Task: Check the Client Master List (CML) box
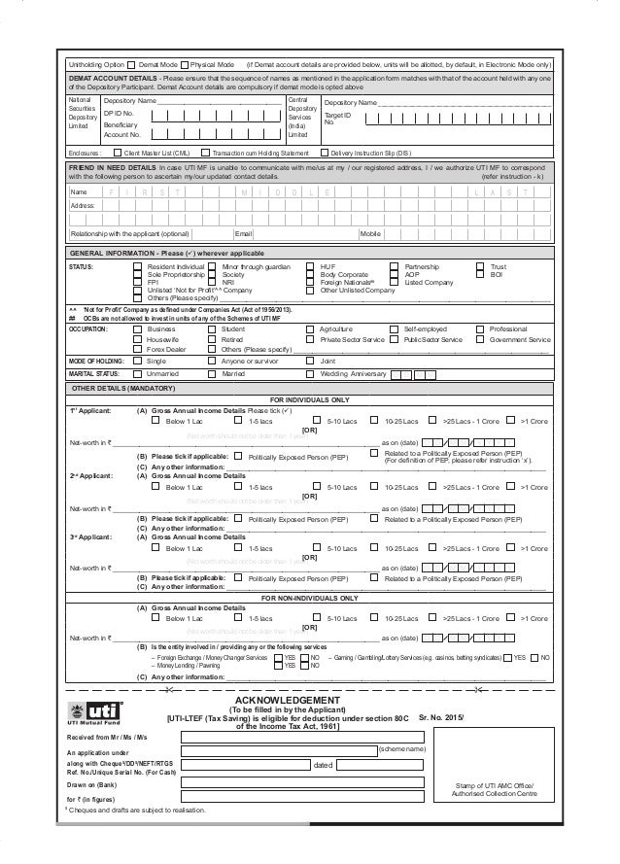(x=119, y=153)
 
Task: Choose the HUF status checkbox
(x=311, y=265)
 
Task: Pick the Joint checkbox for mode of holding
(x=311, y=360)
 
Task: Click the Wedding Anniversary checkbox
(x=311, y=372)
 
